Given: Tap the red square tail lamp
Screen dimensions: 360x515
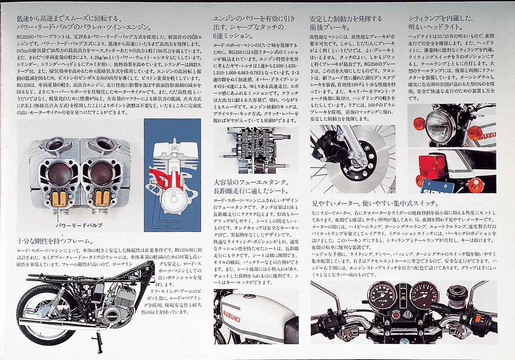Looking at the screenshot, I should [x=433, y=166].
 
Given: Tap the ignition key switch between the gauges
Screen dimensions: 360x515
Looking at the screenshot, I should [x=407, y=314].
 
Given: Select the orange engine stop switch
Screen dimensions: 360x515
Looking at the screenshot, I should [x=478, y=319].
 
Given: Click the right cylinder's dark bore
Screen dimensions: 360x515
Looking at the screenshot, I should [x=101, y=173].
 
